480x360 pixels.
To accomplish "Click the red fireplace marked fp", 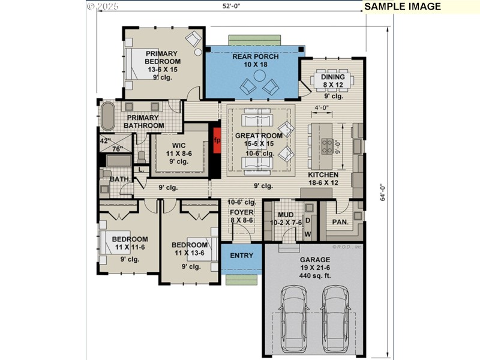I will click(217, 140).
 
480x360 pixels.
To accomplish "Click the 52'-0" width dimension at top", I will click(231, 7).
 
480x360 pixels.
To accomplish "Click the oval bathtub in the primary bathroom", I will click(108, 116).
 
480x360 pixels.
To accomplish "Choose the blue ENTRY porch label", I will click(242, 256).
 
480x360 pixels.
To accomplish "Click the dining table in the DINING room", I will click(334, 80).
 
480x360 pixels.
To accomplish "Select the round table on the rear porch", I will click(260, 76).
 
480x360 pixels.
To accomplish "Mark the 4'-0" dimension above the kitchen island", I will click(322, 109).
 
